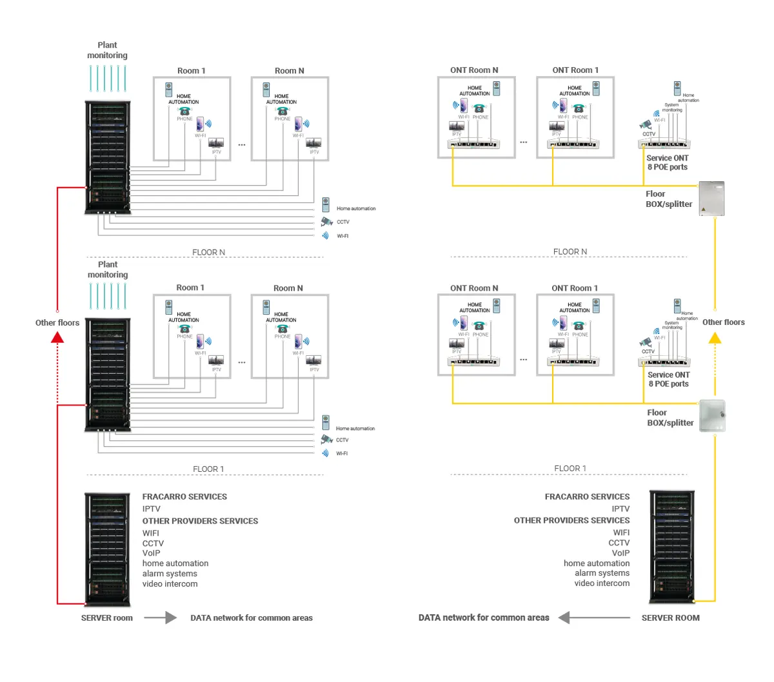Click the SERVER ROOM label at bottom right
click(670, 618)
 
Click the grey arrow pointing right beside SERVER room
click(161, 618)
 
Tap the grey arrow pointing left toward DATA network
click(593, 618)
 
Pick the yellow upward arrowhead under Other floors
click(715, 337)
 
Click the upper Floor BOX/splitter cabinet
click(712, 199)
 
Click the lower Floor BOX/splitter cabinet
click(712, 416)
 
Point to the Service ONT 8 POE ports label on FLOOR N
click(668, 162)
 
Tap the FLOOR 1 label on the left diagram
click(208, 469)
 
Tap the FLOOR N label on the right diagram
click(570, 252)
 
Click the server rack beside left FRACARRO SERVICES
click(107, 549)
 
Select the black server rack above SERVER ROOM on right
click(671, 547)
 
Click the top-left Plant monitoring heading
click(107, 50)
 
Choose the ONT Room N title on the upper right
click(474, 70)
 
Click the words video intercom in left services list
click(170, 584)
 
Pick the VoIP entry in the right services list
click(620, 553)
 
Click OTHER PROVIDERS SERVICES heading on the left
click(200, 521)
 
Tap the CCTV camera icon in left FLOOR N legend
click(326, 222)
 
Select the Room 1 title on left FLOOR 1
click(190, 287)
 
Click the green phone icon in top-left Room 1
click(184, 111)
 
